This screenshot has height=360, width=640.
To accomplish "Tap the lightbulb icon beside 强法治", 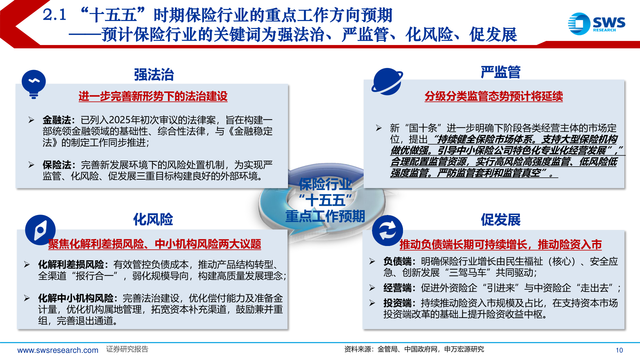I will pyautogui.click(x=34, y=83).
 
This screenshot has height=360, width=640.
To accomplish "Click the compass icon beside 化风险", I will pyautogui.click(x=40, y=230).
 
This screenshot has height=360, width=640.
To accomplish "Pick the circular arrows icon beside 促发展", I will pyautogui.click(x=387, y=230).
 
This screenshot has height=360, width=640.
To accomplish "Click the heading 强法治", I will pyautogui.click(x=154, y=74).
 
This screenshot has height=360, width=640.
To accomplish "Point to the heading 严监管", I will pyautogui.click(x=500, y=72).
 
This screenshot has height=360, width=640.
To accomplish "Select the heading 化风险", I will pyautogui.click(x=153, y=219).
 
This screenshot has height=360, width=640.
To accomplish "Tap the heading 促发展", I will pyautogui.click(x=500, y=220).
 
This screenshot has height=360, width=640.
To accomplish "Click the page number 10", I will pyautogui.click(x=619, y=350).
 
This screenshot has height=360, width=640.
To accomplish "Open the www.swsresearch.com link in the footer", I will pyautogui.click(x=58, y=350).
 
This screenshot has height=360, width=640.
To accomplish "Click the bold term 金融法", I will pyautogui.click(x=56, y=120).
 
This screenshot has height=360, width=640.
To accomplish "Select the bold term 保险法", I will pyautogui.click(x=56, y=165).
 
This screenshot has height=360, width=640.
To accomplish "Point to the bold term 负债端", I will pyautogui.click(x=397, y=261).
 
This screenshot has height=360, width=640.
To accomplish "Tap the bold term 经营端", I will pyautogui.click(x=397, y=288).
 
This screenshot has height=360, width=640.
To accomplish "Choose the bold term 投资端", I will pyautogui.click(x=397, y=303).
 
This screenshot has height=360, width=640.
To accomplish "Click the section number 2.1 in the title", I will pyautogui.click(x=55, y=15).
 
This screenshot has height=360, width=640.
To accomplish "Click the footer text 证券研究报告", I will pyautogui.click(x=127, y=349).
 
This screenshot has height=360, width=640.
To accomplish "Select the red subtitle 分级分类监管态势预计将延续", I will pyautogui.click(x=494, y=96).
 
